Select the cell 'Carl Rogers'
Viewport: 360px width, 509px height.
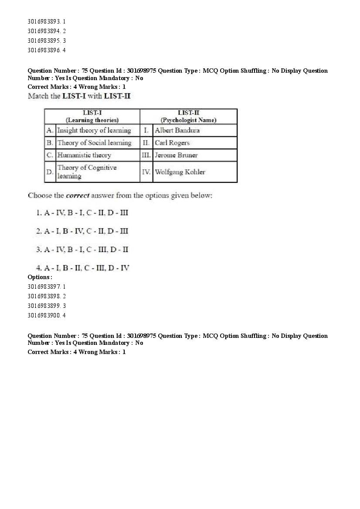172,143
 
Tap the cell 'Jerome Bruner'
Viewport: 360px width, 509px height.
176,155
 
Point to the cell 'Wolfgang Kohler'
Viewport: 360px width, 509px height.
180,172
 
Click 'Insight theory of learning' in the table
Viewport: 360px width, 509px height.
94,130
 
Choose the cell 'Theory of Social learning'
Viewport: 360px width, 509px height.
94,143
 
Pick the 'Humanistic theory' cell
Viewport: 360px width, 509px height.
84,155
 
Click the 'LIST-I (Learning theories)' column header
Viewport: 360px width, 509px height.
92,116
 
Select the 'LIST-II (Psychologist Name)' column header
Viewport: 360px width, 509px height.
188,116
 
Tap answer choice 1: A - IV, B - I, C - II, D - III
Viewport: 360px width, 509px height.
82,213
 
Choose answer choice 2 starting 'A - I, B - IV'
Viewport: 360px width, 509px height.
82,231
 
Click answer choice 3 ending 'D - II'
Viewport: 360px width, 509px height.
82,249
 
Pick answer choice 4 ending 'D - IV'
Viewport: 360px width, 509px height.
83,268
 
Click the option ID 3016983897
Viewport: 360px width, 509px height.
46,287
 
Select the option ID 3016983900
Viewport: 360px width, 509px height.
46,315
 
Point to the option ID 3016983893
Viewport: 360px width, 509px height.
46,21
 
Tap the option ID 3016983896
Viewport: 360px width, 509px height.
46,50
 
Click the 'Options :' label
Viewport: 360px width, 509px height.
40,277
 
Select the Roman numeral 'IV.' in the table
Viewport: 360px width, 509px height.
146,172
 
